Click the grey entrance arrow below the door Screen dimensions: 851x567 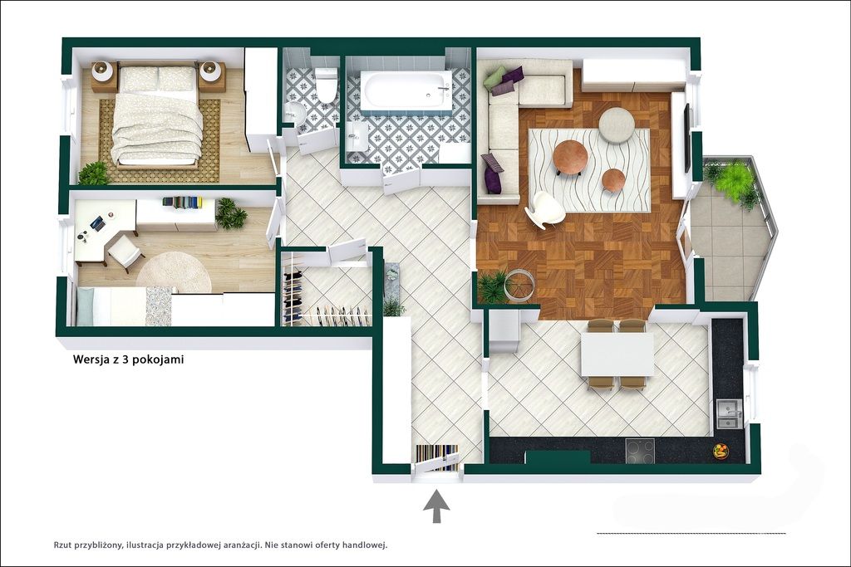(436, 506)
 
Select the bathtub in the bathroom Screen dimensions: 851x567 (407, 91)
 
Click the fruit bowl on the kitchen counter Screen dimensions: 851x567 (721, 451)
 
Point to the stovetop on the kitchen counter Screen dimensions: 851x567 (640, 451)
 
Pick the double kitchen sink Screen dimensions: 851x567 (728, 413)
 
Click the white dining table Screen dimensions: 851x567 (617, 354)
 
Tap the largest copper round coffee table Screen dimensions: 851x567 (570, 156)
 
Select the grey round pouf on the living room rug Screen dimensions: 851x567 (617, 125)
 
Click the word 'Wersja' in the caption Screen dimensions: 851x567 (91, 359)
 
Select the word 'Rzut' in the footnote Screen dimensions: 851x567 (64, 545)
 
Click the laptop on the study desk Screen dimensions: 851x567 (97, 222)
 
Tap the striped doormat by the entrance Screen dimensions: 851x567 (438, 457)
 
